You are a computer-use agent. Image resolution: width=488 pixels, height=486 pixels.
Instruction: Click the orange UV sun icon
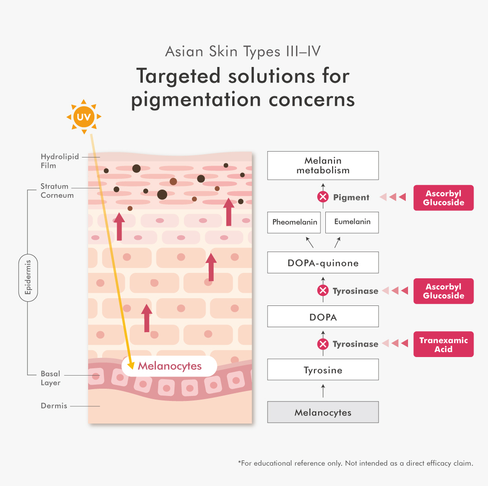click(84, 117)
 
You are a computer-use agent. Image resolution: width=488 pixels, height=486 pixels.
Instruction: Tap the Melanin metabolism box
click(323, 166)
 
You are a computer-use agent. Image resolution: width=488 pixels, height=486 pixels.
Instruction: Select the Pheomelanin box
click(294, 222)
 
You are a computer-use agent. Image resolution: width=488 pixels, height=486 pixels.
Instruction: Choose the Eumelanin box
click(352, 222)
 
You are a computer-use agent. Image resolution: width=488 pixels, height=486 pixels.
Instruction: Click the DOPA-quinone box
click(323, 263)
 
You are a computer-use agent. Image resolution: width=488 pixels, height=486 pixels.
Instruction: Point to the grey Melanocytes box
click(323, 412)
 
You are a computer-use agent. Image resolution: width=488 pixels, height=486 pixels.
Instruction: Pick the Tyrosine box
click(323, 370)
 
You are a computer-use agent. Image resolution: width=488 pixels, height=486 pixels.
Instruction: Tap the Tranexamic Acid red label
click(443, 344)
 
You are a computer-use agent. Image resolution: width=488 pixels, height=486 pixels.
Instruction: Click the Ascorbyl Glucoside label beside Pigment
click(443, 198)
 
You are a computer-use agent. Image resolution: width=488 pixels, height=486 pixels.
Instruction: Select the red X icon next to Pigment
click(323, 197)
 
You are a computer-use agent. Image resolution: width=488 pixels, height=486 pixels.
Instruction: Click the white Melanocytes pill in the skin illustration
click(169, 366)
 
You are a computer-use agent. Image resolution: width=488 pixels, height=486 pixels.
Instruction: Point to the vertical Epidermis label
click(28, 277)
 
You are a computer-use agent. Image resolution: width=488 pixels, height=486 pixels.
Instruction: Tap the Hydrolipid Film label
click(53, 161)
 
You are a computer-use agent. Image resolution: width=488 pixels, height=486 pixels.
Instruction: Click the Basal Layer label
click(50, 378)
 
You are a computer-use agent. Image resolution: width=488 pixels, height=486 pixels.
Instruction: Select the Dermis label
click(54, 406)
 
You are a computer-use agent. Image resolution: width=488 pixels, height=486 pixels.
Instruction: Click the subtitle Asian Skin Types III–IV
click(243, 51)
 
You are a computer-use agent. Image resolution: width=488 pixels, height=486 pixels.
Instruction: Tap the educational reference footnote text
click(355, 463)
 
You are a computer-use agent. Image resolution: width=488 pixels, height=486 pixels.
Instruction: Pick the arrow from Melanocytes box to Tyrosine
click(323, 391)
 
